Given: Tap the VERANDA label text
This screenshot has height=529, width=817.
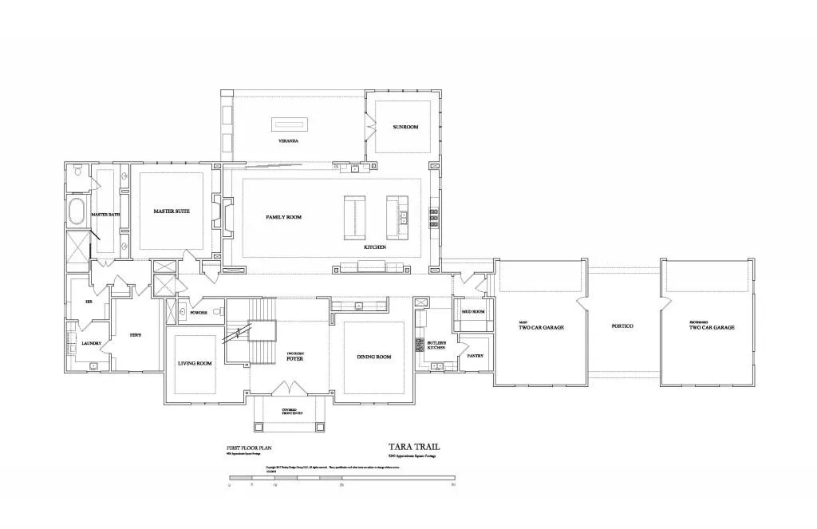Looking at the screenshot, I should pyautogui.click(x=288, y=140).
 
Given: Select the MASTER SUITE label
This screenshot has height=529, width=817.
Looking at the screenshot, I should pyautogui.click(x=172, y=211).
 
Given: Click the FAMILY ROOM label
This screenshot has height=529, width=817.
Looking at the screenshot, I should pyautogui.click(x=283, y=217).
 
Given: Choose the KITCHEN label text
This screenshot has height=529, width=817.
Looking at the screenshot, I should pyautogui.click(x=375, y=247).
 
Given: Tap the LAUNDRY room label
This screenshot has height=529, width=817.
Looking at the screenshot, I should pyautogui.click(x=91, y=343).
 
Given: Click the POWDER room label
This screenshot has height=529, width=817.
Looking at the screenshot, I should pyautogui.click(x=199, y=313).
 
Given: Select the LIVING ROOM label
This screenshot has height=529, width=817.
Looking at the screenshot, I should pyautogui.click(x=195, y=364).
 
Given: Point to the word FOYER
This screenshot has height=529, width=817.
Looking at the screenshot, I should pyautogui.click(x=294, y=359).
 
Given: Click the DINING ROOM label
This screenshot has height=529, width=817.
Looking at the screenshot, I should pyautogui.click(x=374, y=357).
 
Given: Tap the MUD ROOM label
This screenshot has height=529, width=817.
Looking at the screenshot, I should pyautogui.click(x=473, y=312).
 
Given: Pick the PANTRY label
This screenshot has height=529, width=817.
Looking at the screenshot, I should pyautogui.click(x=475, y=356).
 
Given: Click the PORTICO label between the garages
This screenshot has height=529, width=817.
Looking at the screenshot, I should pyautogui.click(x=622, y=327).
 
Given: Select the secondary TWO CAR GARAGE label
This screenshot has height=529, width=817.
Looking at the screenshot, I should pyautogui.click(x=711, y=326).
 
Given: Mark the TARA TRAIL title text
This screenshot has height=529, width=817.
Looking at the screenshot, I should pyautogui.click(x=413, y=448).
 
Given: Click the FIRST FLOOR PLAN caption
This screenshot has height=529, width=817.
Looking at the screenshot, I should pyautogui.click(x=249, y=449).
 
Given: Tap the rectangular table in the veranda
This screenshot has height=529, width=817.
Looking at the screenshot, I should pyautogui.click(x=290, y=124).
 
